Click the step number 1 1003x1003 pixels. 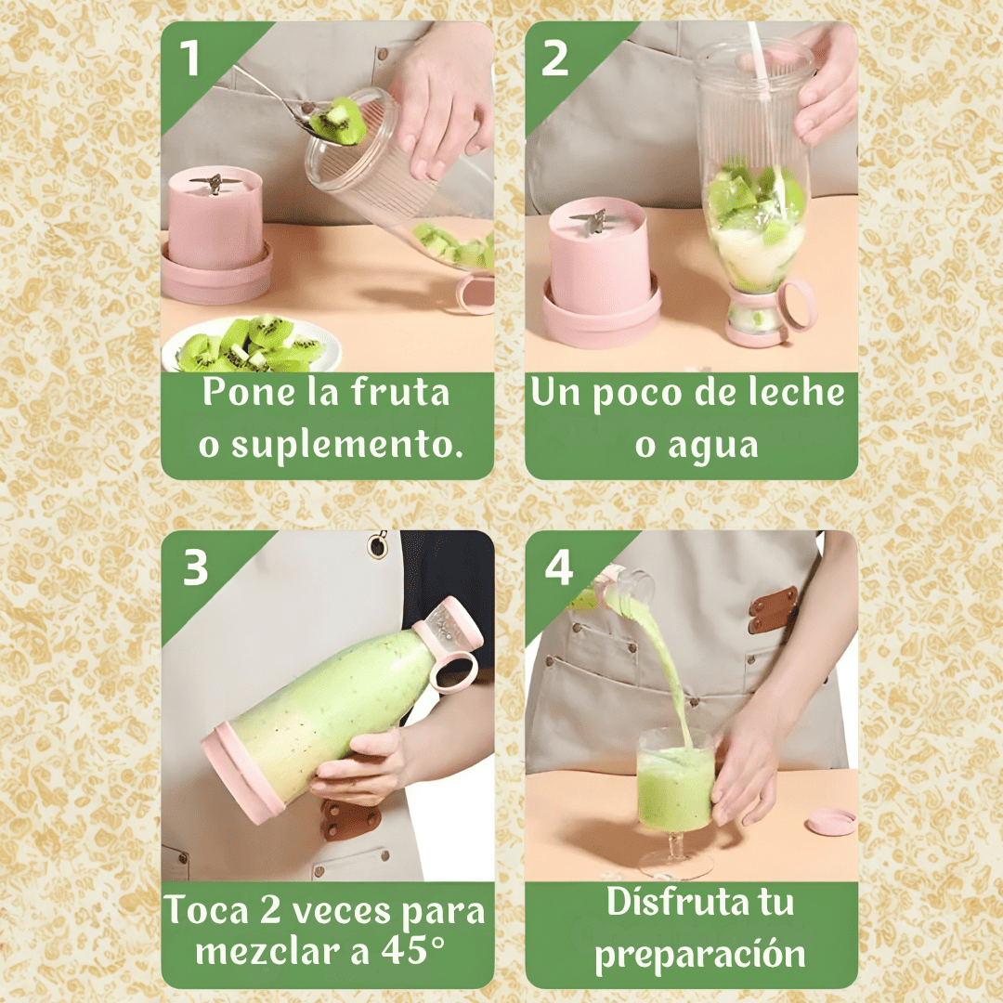point(189,59)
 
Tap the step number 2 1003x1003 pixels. point(554,59)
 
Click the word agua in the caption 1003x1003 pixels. point(712,447)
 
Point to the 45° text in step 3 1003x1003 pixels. point(413,950)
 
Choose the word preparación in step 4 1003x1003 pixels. point(700,955)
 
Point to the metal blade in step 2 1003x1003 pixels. point(590,221)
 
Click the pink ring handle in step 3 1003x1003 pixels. point(454,673)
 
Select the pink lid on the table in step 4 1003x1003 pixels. point(830,821)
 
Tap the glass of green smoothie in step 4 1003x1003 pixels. point(675,800)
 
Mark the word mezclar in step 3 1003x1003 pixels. point(277,951)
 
